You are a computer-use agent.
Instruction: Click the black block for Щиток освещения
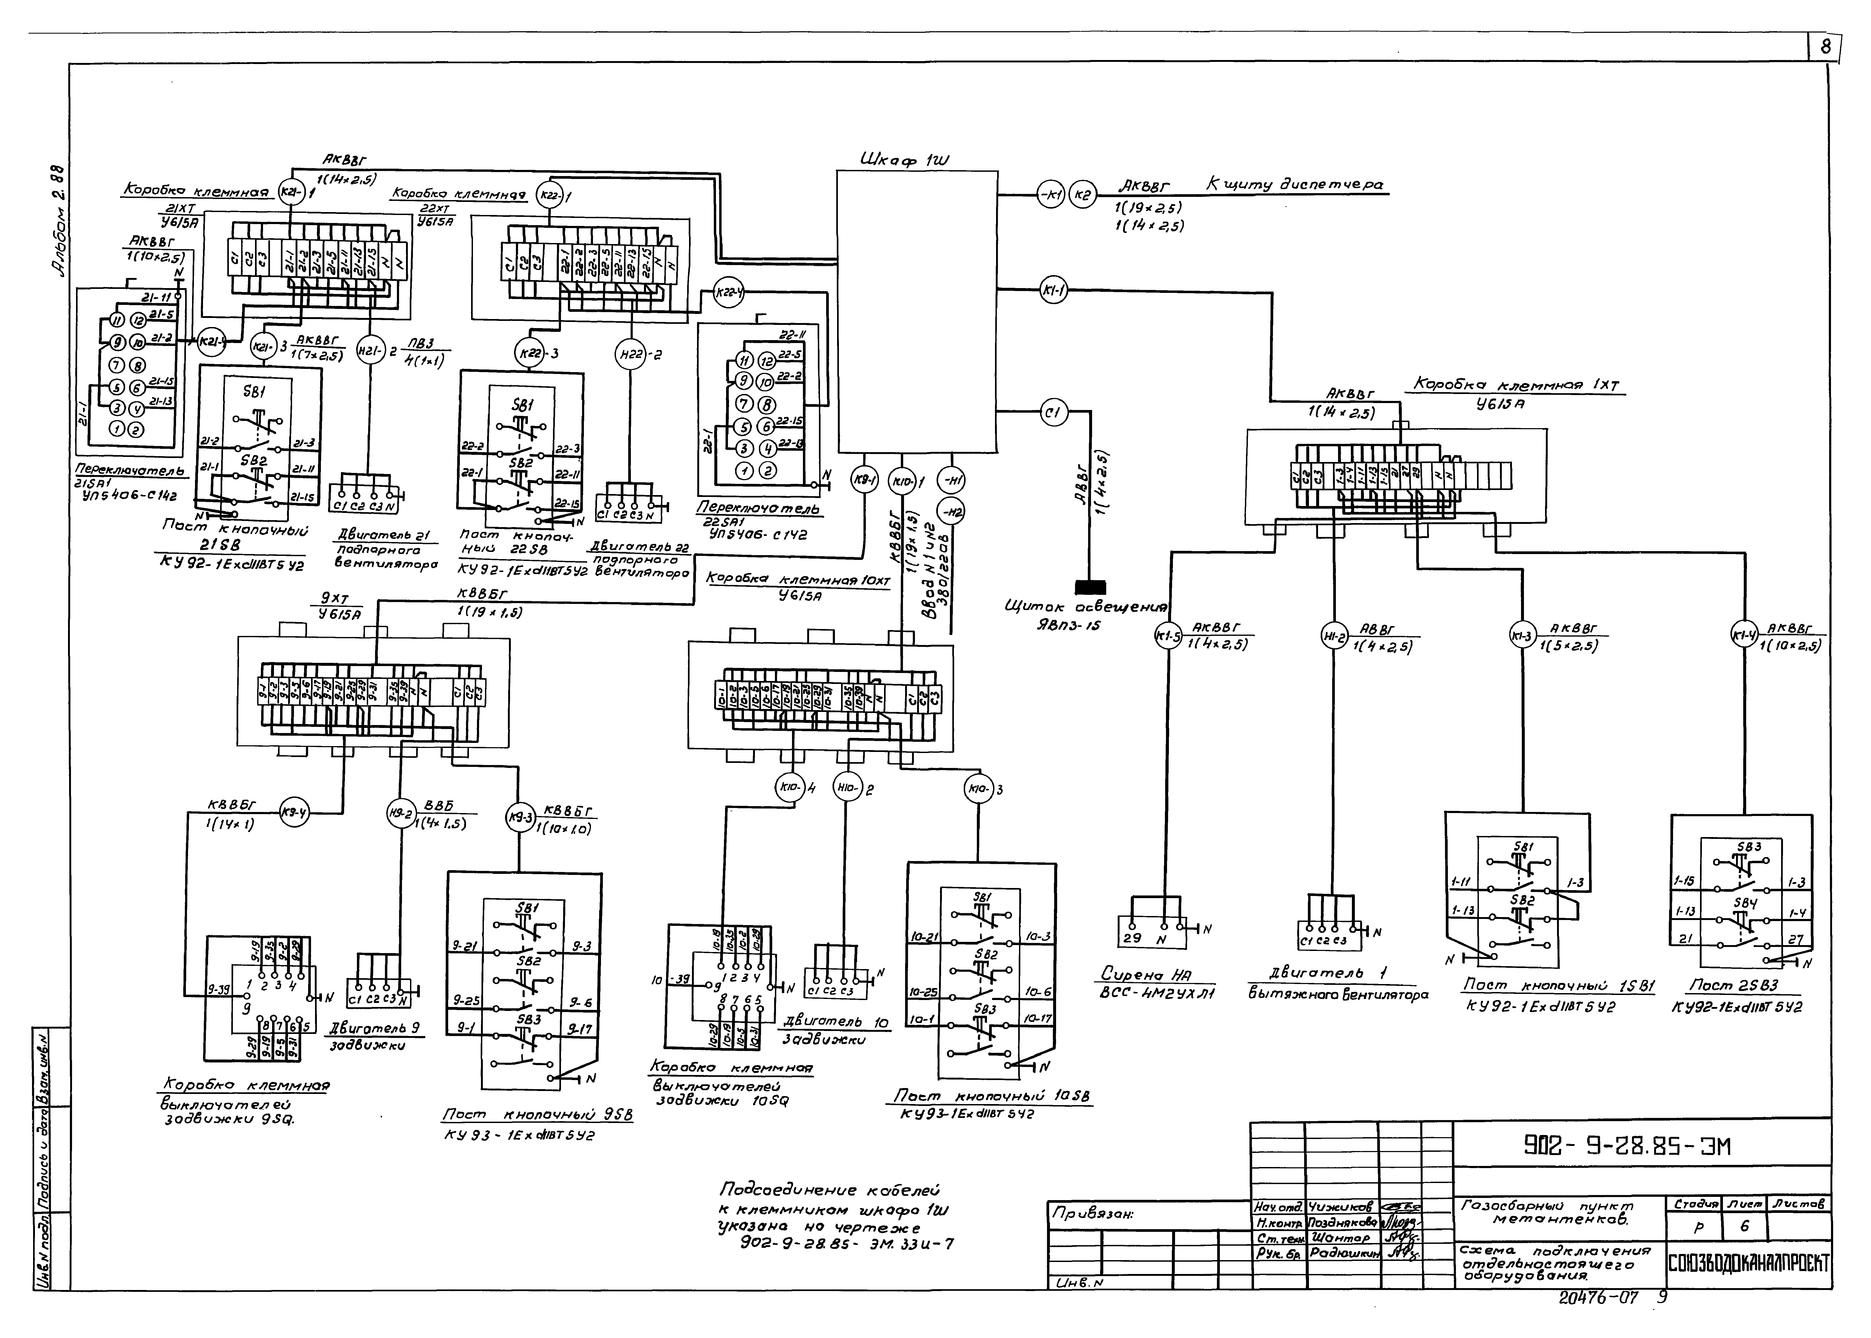point(1090,587)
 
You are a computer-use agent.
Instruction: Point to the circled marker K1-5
point(1167,635)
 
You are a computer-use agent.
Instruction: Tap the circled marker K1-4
point(1742,635)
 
